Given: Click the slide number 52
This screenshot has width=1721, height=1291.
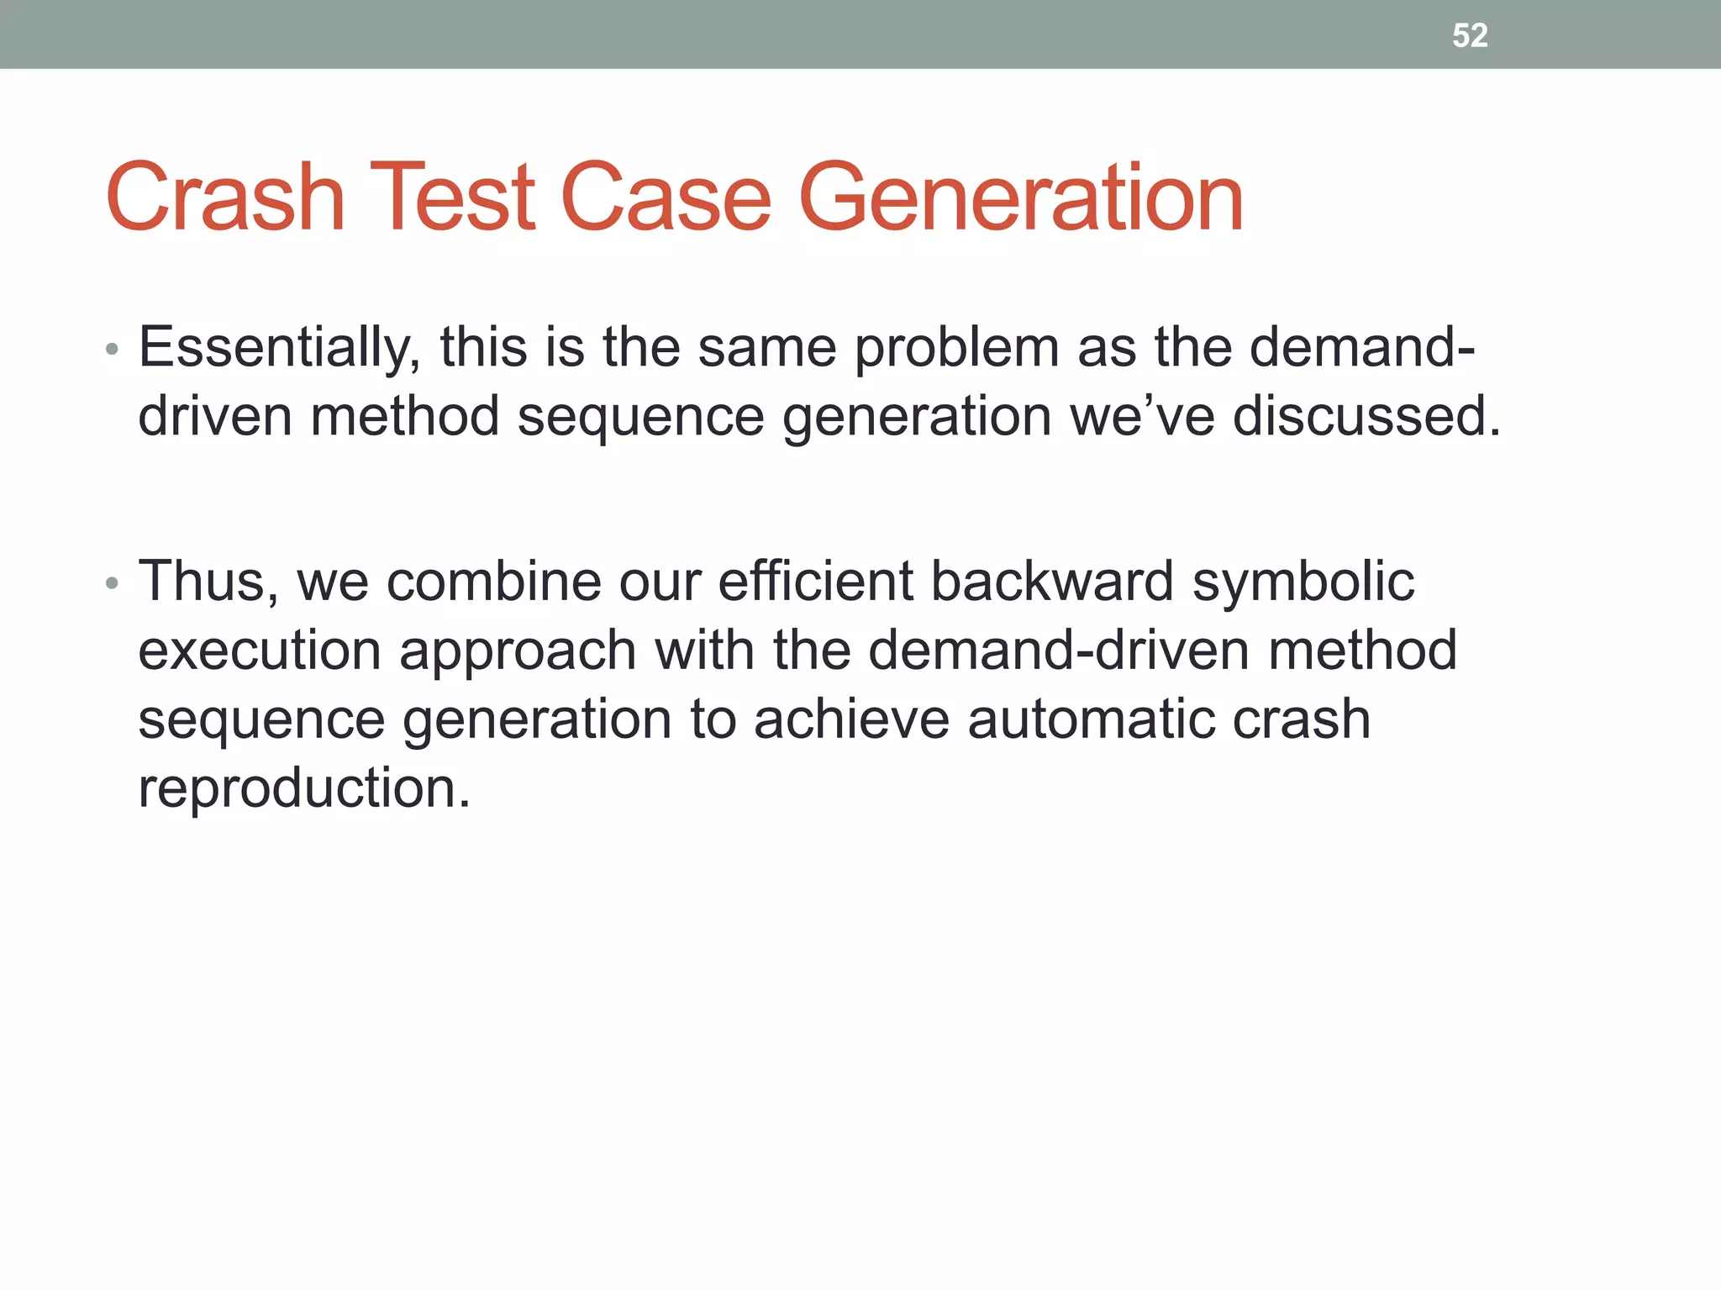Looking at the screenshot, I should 1470,35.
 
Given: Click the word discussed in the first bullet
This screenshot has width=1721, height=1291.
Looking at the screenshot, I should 1366,416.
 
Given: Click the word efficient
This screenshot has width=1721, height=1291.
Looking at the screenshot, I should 815,582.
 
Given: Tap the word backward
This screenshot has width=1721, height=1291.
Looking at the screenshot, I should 1052,582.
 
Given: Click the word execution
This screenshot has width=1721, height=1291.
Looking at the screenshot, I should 260,651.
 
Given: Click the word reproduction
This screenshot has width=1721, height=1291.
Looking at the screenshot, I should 303,789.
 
